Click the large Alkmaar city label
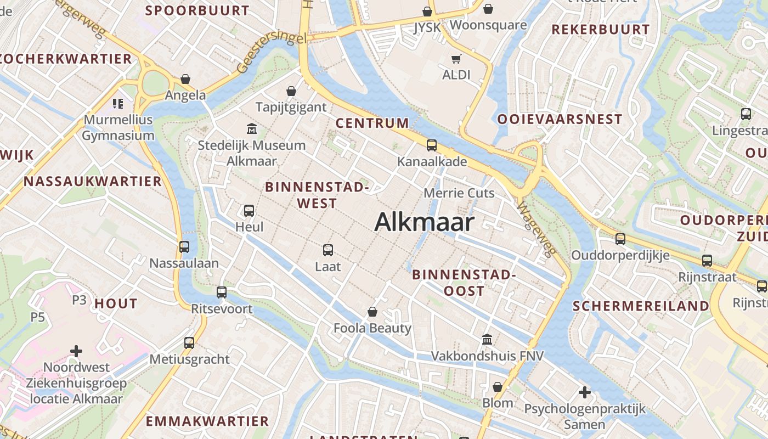[x=424, y=222]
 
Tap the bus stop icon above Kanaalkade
[x=432, y=145]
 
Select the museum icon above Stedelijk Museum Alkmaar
[x=252, y=129]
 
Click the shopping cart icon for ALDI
[x=456, y=59]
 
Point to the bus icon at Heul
[x=249, y=211]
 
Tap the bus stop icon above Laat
[x=328, y=250]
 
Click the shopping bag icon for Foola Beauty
[x=372, y=312]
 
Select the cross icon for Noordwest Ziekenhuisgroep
[x=76, y=351]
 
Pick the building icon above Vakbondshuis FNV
[x=487, y=340]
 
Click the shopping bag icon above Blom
[x=498, y=387]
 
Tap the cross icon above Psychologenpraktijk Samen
[x=585, y=392]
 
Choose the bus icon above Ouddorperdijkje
[x=620, y=239]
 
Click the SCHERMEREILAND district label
[x=641, y=306]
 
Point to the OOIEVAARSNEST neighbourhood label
[x=560, y=119]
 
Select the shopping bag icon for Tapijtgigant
[x=291, y=91]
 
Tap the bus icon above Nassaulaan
[x=184, y=247]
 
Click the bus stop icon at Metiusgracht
[x=189, y=343]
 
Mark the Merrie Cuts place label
[x=459, y=193]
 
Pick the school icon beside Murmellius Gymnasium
[x=118, y=103]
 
